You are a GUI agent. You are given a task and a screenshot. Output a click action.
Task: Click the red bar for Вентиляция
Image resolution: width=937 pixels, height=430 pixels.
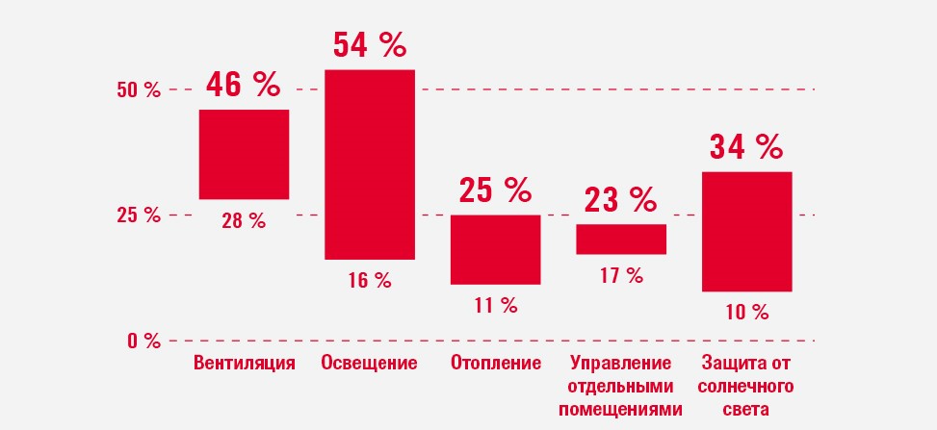244,154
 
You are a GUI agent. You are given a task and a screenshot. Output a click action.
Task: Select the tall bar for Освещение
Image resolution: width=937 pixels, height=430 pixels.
369,164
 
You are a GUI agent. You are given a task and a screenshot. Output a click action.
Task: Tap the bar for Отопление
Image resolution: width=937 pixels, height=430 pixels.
495,249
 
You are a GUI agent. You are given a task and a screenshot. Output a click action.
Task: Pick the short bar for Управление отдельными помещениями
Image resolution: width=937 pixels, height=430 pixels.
621,239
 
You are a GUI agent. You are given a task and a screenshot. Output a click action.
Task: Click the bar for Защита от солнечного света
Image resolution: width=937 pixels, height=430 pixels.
746,231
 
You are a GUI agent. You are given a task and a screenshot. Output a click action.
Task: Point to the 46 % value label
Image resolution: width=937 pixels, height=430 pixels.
243,86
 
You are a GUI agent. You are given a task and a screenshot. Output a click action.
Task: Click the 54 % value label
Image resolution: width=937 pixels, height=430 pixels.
370,44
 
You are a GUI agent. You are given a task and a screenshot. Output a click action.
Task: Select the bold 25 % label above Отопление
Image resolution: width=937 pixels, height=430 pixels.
495,190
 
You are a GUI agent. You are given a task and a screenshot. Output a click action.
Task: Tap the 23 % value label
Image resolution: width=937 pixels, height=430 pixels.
621,200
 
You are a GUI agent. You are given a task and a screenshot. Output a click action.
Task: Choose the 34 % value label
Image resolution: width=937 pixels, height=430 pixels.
746,147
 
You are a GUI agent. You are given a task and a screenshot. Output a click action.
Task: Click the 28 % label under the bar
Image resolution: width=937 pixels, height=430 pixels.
243,221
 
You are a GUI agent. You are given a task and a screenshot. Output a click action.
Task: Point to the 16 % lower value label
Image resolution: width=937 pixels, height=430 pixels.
370,280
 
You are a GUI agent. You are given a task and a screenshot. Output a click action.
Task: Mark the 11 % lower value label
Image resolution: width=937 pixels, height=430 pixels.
495,306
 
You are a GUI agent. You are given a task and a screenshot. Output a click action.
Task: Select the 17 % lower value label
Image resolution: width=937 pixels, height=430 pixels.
621,276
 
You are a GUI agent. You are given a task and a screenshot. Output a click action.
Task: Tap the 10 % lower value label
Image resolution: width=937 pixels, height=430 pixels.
746,312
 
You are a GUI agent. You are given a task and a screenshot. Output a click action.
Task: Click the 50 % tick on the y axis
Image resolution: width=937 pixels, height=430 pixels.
139,90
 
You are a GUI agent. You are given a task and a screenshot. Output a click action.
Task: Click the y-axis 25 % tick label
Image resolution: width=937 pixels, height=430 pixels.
139,215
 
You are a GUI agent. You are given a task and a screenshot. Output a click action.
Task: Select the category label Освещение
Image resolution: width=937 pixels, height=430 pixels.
369,364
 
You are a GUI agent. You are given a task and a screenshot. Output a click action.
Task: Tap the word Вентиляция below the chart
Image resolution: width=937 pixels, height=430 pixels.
244,364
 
